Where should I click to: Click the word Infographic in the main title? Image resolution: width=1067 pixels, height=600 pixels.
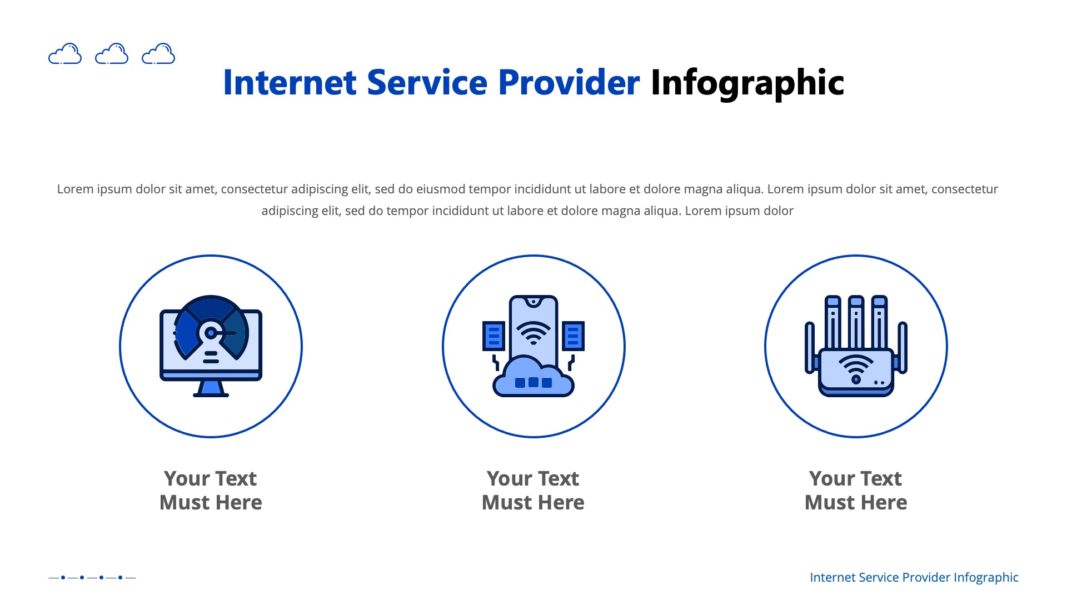click(x=747, y=83)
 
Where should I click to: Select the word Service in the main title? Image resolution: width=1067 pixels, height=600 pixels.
click(x=427, y=83)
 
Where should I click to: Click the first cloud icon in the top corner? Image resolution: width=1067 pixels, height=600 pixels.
click(x=65, y=54)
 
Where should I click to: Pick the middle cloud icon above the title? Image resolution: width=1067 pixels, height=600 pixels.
click(x=112, y=54)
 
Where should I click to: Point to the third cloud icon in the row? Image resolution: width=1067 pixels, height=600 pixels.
click(x=158, y=54)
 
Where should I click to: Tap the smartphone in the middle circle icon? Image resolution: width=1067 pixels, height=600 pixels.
click(x=533, y=328)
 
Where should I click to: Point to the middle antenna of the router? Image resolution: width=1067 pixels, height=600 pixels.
click(x=856, y=322)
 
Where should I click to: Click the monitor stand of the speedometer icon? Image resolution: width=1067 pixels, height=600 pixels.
click(x=211, y=388)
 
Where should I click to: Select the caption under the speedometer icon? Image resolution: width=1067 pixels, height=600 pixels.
click(x=211, y=490)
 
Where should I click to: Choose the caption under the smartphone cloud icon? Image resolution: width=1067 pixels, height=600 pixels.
click(x=533, y=490)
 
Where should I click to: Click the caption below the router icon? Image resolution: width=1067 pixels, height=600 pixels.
click(x=856, y=490)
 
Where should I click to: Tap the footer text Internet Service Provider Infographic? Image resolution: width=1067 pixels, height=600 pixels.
click(x=914, y=577)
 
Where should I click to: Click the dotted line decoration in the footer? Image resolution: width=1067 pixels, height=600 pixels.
click(x=92, y=577)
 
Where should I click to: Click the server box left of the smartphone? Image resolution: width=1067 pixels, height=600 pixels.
click(x=493, y=336)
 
